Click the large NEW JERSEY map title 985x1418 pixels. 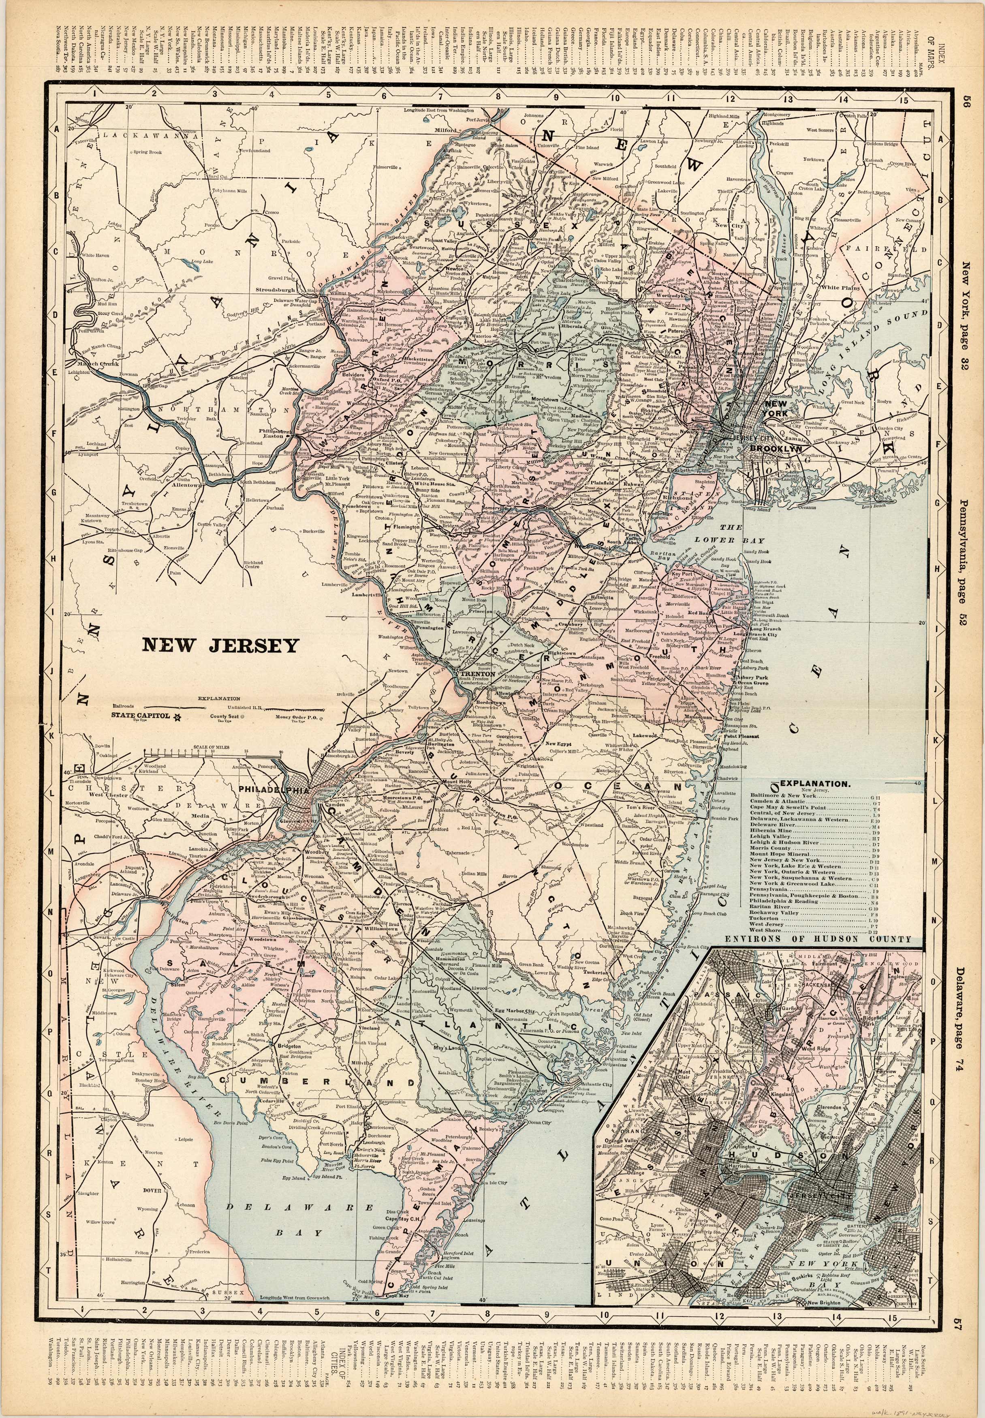(220, 645)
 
